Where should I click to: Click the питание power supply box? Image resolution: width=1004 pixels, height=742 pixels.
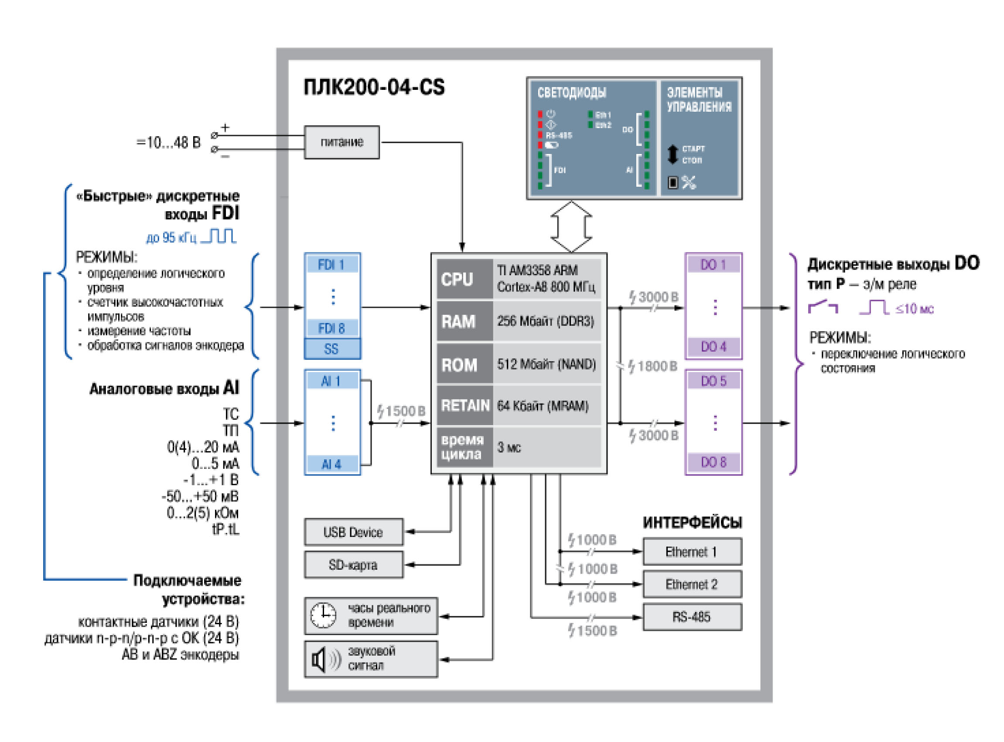pos(342,142)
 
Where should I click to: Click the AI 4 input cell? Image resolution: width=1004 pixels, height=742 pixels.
pos(332,465)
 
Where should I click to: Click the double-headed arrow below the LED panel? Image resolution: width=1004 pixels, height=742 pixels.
pos(572,227)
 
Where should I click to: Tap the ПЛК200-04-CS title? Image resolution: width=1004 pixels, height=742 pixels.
pos(375,87)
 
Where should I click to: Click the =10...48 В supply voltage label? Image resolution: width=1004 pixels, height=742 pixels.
pos(169,143)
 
